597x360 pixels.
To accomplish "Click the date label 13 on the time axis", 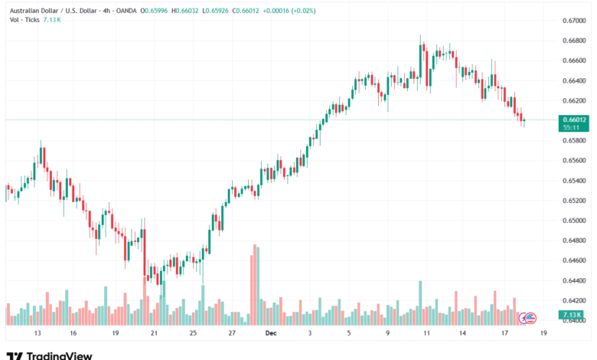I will (36, 334).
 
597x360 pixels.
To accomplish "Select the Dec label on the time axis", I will (269, 334).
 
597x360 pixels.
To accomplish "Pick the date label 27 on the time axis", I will (232, 334).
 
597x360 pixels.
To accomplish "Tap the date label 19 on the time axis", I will (114, 334).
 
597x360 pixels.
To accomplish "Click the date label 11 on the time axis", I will (427, 334).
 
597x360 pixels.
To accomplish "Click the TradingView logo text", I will (60, 355).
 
